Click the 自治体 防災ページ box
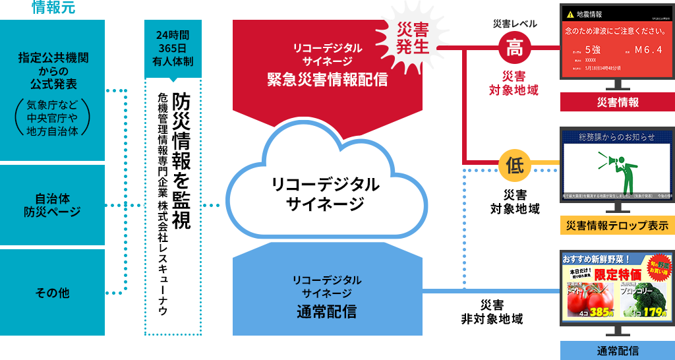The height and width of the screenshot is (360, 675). [52, 204]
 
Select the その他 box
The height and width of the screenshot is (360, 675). [52, 292]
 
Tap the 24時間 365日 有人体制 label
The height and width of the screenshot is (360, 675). [171, 46]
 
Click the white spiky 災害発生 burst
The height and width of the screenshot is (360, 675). [413, 36]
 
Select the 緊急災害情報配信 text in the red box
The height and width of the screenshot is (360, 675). [327, 80]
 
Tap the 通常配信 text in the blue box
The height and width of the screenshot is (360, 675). [327, 311]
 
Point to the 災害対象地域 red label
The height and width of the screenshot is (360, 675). [515, 83]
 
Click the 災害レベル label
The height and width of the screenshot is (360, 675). [515, 23]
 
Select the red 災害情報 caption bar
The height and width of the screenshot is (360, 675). [617, 102]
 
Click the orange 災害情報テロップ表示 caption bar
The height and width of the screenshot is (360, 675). [617, 225]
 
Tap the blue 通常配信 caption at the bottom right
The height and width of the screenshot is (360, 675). [617, 350]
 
